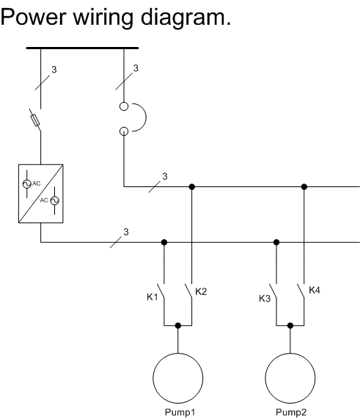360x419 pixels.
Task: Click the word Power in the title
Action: (33, 17)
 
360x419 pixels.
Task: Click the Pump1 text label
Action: (180, 412)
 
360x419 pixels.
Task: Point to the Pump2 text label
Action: (291, 412)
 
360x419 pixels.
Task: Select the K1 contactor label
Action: (153, 297)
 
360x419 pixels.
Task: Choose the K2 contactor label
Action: (201, 291)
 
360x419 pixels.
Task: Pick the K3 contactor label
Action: (265, 299)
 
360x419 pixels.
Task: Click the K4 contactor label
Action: (315, 290)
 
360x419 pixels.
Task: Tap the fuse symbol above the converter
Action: (35, 120)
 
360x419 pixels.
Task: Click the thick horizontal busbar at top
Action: (82, 48)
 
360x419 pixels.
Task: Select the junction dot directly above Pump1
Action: (178, 326)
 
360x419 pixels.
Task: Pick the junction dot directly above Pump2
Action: (290, 326)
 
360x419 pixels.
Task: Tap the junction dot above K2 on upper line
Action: (191, 186)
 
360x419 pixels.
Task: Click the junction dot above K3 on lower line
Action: (276, 242)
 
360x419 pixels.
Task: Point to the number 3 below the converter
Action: (126, 232)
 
